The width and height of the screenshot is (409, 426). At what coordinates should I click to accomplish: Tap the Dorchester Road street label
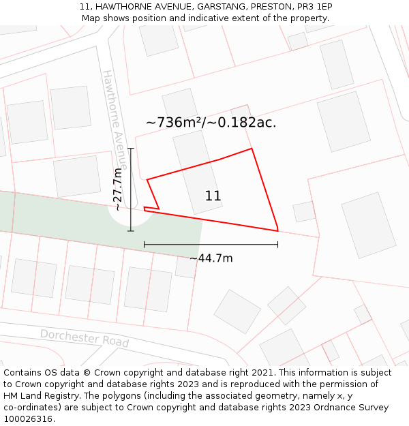click(85, 337)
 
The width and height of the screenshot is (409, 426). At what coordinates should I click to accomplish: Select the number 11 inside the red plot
click(213, 196)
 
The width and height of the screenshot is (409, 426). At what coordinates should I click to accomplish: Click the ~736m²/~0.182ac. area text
click(211, 123)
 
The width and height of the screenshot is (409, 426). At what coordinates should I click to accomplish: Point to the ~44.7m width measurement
click(211, 258)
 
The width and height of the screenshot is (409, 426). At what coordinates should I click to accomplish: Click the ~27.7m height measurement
click(119, 189)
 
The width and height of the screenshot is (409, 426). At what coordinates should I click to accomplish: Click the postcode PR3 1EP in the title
click(314, 7)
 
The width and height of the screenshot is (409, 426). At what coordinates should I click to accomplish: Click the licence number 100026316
click(29, 419)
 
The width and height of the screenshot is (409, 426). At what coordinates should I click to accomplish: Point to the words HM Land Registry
click(38, 395)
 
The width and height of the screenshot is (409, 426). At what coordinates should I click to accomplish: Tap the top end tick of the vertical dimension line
click(131, 148)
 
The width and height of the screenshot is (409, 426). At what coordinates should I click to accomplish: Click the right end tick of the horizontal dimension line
click(277, 244)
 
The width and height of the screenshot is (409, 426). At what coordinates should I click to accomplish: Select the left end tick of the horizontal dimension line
click(144, 244)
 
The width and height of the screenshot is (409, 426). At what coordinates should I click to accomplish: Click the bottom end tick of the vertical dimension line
click(131, 231)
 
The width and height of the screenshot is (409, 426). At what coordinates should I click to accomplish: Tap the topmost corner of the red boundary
click(252, 149)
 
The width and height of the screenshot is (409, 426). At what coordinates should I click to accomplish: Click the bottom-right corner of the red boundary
click(277, 230)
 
